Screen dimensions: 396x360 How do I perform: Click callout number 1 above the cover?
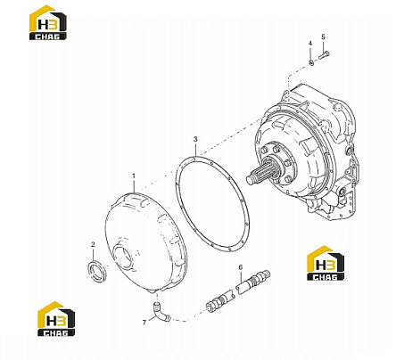tap(134, 176)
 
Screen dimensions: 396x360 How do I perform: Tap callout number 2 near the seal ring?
tap(93, 244)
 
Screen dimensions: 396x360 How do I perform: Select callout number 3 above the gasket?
tap(195, 139)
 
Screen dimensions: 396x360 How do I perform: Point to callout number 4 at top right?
tap(310, 44)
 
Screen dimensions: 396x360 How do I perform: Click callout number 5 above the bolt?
tap(324, 37)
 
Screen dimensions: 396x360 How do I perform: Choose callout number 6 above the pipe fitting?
tap(241, 267)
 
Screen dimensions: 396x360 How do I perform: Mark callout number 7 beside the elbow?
tap(144, 323)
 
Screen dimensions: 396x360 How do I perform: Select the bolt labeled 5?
tap(324, 55)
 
